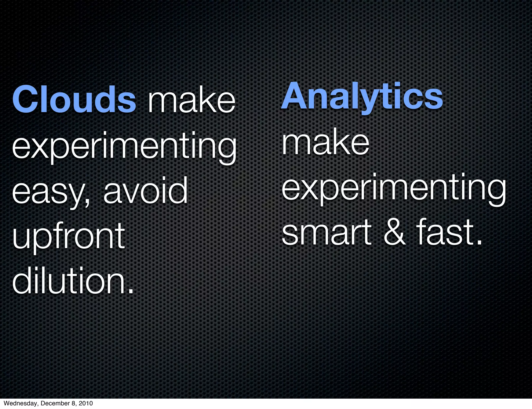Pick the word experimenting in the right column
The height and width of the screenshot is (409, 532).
394,188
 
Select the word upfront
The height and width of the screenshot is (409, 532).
69,236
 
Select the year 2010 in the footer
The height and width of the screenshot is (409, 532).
85,403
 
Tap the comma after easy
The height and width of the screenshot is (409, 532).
87,202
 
